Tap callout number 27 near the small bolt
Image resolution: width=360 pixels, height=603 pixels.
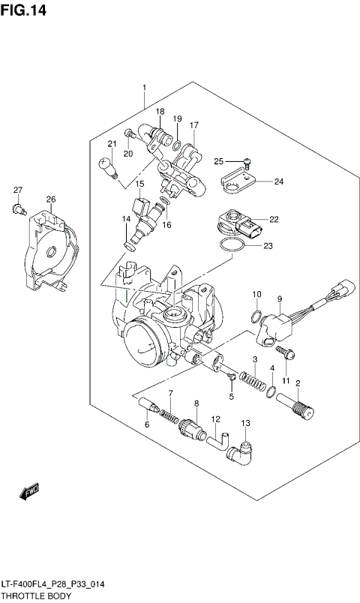(17, 190)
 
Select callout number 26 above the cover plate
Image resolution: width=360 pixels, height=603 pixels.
(50, 199)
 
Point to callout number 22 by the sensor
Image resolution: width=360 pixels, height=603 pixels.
(274, 219)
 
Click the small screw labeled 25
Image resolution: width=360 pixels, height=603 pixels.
(247, 160)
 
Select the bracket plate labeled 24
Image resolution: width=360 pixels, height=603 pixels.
(239, 181)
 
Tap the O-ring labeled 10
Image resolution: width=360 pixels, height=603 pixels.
(256, 313)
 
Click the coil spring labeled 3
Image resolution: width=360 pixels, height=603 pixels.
(257, 382)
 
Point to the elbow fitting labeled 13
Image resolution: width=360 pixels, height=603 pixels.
(244, 451)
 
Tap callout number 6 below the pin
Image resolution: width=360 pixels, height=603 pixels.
(147, 426)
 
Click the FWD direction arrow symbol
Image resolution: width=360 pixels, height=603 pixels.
(29, 493)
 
